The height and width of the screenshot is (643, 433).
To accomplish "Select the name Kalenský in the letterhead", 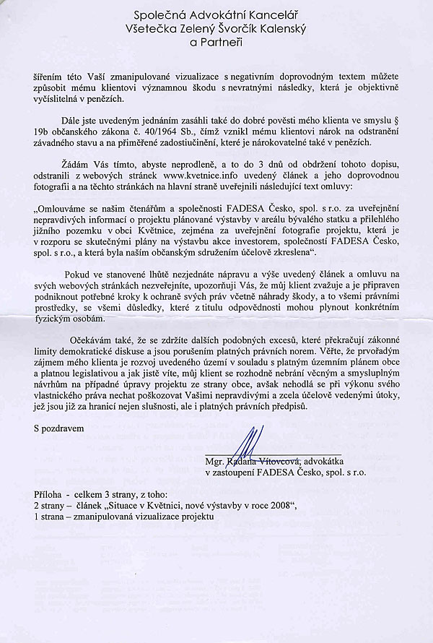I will point(289,29).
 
